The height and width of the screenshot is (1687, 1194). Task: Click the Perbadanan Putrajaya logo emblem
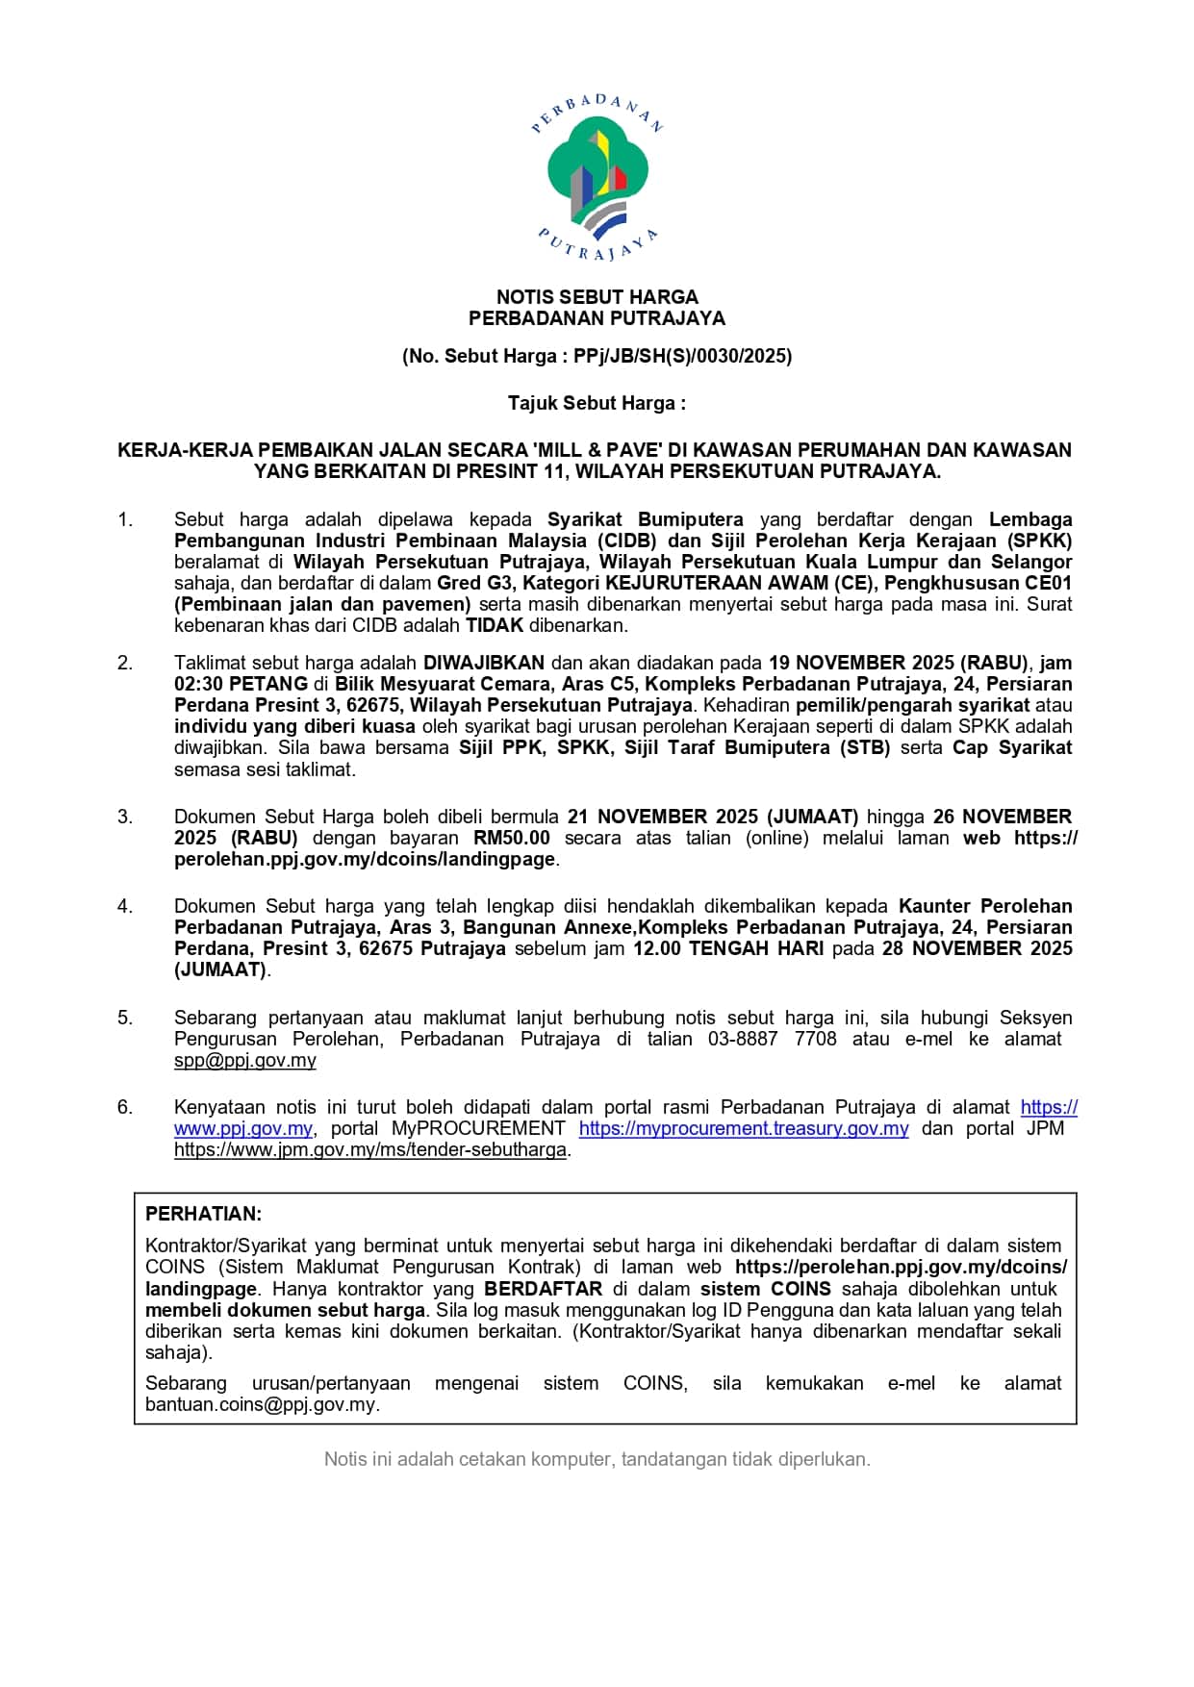click(597, 178)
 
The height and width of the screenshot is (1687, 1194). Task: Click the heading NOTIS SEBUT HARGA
click(597, 297)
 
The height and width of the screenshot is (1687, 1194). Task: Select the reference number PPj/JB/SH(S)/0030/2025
click(681, 356)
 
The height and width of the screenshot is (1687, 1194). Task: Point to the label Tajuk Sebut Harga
click(597, 403)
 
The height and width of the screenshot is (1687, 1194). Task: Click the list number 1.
click(125, 520)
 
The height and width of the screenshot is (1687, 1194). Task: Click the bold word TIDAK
click(495, 625)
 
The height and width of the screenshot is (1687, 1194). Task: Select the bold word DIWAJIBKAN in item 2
click(484, 663)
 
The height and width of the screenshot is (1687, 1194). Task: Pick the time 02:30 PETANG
click(241, 684)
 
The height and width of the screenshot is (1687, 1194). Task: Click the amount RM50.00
click(511, 838)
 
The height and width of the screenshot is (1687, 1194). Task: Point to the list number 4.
click(125, 906)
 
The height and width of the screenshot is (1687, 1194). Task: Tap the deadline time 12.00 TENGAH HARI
click(727, 948)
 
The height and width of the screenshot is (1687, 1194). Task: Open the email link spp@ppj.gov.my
click(244, 1060)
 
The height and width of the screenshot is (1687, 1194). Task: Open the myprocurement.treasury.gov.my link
click(743, 1128)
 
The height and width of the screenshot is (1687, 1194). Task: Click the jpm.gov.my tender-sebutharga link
click(369, 1149)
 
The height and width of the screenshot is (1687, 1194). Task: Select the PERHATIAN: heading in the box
click(203, 1214)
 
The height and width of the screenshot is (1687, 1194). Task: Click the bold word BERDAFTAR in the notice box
click(543, 1289)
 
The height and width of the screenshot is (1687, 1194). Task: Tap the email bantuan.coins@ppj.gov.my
click(262, 1404)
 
